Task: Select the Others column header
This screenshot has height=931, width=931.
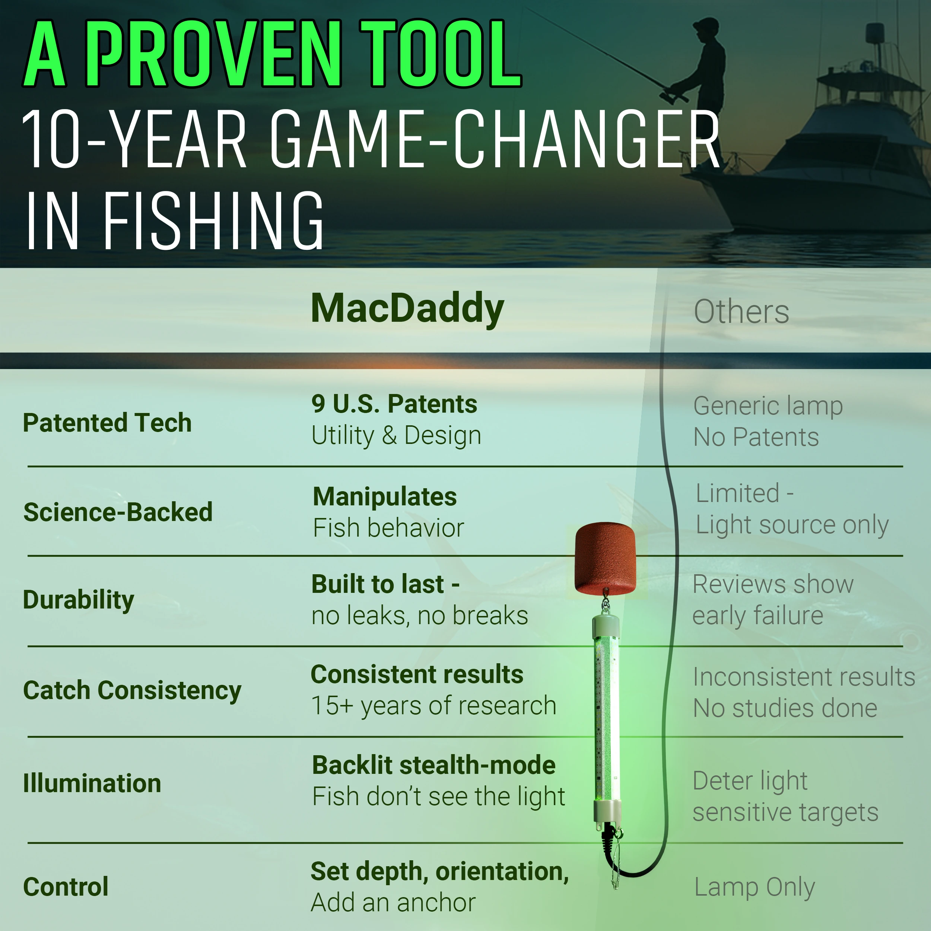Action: coord(741,311)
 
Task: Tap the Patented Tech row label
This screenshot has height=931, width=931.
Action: coord(107,423)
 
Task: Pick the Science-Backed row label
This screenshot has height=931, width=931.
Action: coord(118,512)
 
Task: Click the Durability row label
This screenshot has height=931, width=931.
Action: coord(79,600)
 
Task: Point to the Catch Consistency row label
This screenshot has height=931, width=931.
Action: coord(132,690)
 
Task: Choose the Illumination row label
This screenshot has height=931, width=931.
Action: coord(92,783)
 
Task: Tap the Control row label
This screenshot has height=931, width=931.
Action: coord(66,887)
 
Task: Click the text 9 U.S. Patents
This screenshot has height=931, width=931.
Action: coord(394,404)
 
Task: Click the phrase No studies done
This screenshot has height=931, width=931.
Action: coord(785,708)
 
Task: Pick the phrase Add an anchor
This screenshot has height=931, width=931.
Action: coord(393,903)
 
